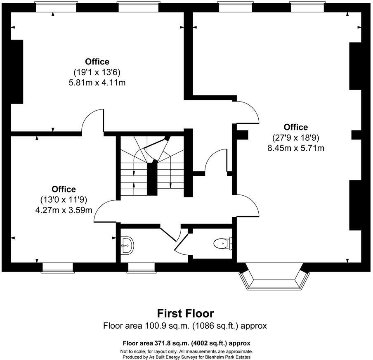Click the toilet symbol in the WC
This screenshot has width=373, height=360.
pos(222,244)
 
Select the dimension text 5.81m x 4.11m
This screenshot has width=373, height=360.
pos(97,83)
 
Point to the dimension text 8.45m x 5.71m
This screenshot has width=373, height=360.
pos(295,148)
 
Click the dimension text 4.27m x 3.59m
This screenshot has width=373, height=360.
pos(64,210)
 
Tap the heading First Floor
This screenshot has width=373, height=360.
pos(185,313)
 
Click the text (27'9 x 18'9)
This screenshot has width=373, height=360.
pos(295,137)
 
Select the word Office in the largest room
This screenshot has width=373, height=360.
pos(295,127)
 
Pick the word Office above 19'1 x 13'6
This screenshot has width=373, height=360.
pos(97,62)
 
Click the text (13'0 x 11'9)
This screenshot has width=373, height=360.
pos(64,199)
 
